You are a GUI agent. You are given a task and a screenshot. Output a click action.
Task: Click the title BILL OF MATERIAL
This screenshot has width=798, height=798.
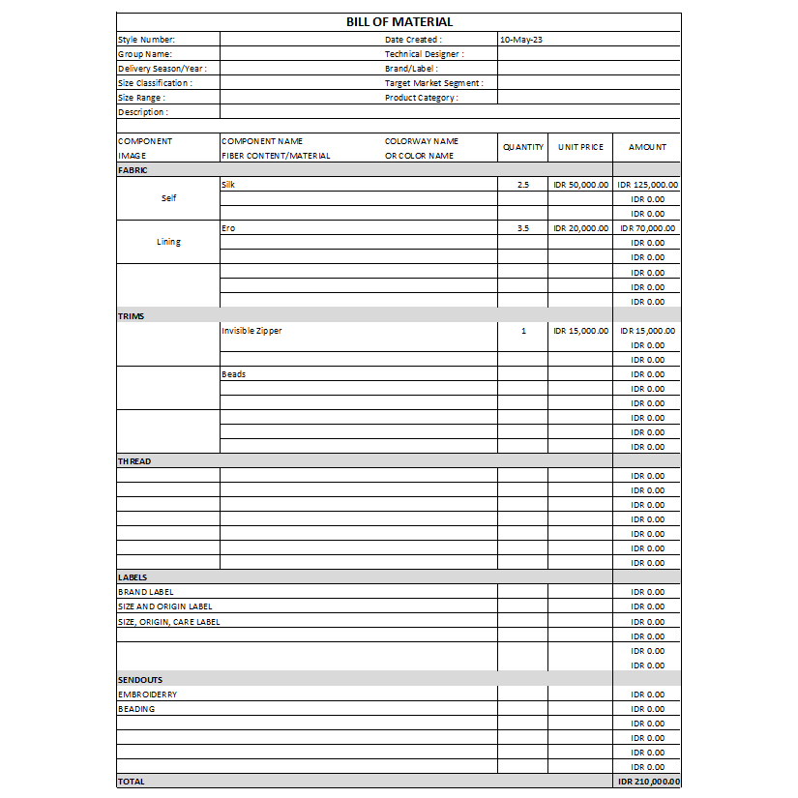click(399, 22)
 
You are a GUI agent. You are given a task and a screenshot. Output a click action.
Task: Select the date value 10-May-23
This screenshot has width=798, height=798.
click(521, 40)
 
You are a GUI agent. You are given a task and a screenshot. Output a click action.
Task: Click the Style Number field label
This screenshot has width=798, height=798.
click(146, 40)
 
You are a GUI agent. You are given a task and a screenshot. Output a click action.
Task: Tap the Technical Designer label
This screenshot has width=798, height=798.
click(424, 54)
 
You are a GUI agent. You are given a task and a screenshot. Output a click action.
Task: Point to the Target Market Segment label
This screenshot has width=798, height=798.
click(433, 83)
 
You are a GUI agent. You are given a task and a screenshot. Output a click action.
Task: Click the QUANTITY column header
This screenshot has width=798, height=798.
click(522, 147)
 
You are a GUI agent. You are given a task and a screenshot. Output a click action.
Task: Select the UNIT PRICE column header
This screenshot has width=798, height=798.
click(580, 147)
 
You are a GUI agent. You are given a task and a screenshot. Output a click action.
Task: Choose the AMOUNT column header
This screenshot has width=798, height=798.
click(647, 147)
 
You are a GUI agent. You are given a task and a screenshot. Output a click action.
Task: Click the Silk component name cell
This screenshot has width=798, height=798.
click(228, 184)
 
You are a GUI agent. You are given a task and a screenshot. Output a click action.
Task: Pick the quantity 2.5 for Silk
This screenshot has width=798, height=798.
click(522, 184)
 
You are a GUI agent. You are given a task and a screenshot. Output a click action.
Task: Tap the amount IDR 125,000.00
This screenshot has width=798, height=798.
click(647, 184)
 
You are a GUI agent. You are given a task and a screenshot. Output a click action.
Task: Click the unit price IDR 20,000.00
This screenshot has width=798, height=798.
click(580, 228)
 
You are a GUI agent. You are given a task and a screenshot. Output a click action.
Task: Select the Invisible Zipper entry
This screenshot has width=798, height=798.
click(251, 331)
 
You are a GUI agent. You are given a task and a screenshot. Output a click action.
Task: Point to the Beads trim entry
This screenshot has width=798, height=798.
click(233, 374)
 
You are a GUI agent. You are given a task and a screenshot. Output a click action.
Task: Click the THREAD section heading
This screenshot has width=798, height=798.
click(134, 461)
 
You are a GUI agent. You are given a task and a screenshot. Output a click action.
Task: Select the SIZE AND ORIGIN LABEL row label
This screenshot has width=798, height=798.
click(165, 606)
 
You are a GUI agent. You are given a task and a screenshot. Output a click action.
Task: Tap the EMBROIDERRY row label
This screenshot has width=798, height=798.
click(147, 695)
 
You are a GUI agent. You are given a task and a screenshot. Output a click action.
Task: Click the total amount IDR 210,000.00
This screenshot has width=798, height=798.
click(647, 782)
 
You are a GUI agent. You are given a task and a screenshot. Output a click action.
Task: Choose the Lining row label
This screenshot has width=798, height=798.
click(168, 242)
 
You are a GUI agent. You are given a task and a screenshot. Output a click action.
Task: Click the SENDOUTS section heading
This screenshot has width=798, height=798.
click(140, 680)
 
